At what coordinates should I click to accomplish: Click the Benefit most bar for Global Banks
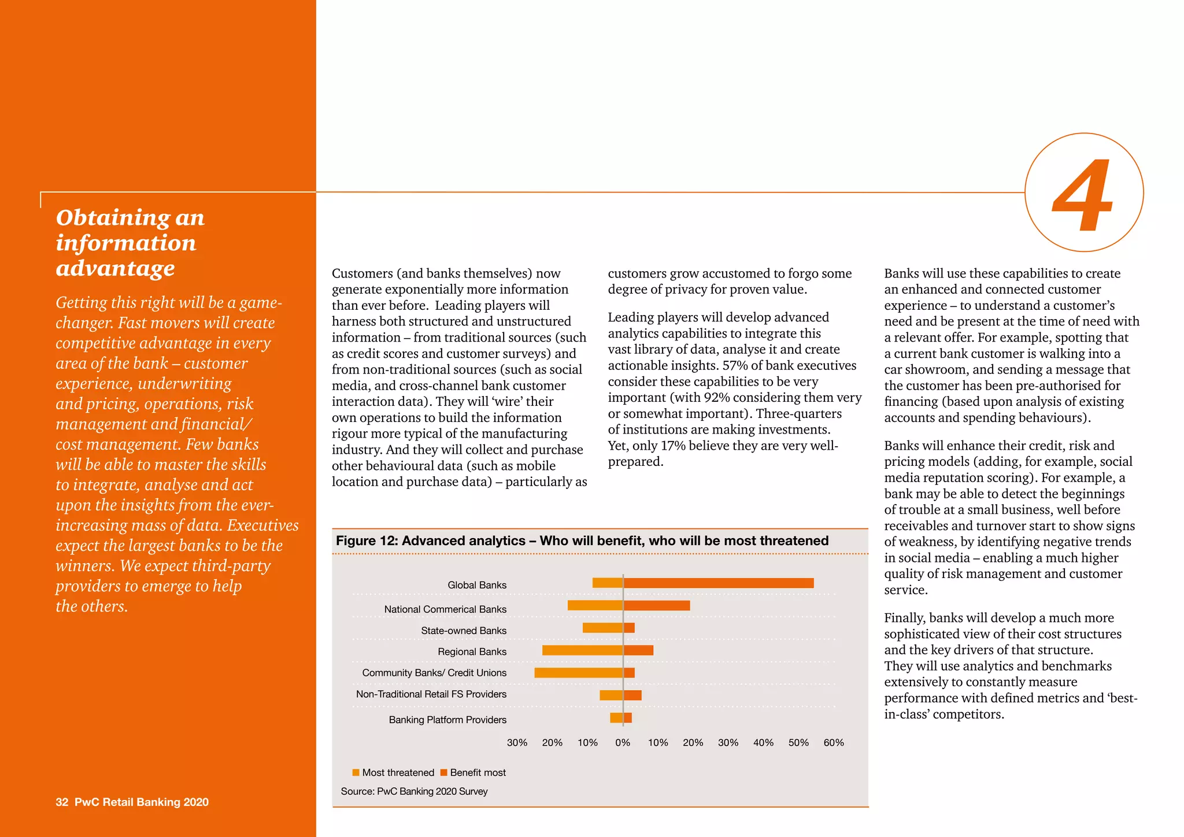pos(718,583)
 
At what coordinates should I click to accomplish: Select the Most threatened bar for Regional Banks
pos(582,650)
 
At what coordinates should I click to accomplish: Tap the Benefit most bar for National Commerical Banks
pos(657,606)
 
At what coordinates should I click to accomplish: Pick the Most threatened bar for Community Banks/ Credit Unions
pos(578,673)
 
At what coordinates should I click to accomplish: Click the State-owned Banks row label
pos(463,631)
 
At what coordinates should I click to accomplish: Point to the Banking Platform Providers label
pos(447,720)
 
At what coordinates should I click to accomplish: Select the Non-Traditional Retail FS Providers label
pos(431,694)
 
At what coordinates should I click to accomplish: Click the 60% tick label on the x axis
pos(833,743)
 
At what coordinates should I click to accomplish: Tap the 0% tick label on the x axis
pos(623,743)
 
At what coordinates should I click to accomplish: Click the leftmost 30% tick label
pos(517,743)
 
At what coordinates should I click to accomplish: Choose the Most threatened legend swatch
pos(356,773)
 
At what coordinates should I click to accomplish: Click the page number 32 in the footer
pos(62,802)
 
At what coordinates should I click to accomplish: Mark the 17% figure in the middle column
pos(672,446)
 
